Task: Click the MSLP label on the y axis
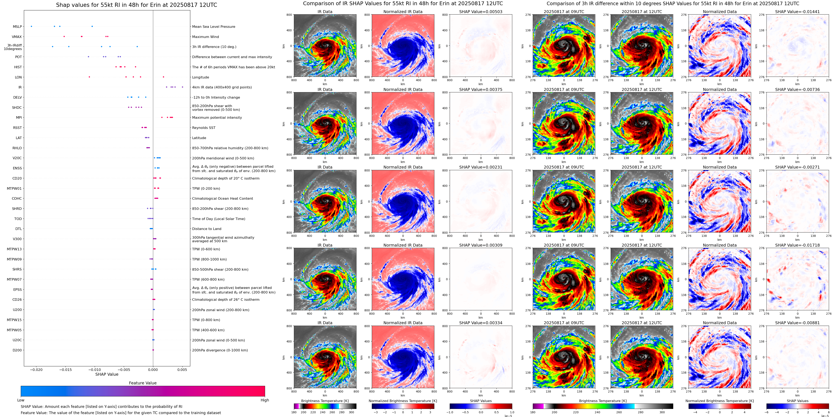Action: click(x=17, y=27)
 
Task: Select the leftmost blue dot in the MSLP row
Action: click(x=31, y=26)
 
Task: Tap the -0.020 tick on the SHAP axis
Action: click(x=36, y=369)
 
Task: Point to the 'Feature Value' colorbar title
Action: click(x=142, y=383)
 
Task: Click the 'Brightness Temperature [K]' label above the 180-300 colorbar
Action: click(x=325, y=401)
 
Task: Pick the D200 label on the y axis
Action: click(x=17, y=350)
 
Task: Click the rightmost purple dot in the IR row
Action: click(x=183, y=87)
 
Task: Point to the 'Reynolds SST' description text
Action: click(x=204, y=128)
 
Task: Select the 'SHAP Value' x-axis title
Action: click(x=107, y=374)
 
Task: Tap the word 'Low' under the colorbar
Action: click(x=21, y=400)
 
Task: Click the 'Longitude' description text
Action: click(x=200, y=77)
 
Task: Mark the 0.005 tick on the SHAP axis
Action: click(x=182, y=369)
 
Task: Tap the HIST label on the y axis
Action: click(x=18, y=67)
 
